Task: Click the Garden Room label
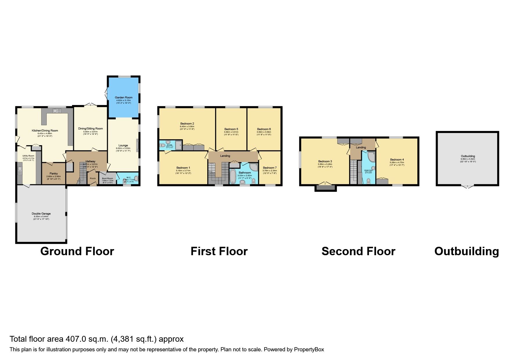click(124, 98)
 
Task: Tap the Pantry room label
click(54, 174)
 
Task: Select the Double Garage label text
click(41, 214)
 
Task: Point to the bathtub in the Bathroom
click(233, 177)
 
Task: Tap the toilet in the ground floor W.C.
click(136, 179)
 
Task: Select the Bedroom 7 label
click(270, 168)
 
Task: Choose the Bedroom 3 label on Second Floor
click(325, 161)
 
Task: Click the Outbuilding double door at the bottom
click(468, 187)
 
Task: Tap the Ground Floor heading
click(77, 251)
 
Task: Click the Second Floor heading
click(358, 251)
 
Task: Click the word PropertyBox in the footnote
click(309, 350)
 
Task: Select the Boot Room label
click(107, 179)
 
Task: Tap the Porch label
click(93, 179)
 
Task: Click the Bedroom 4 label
click(397, 160)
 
